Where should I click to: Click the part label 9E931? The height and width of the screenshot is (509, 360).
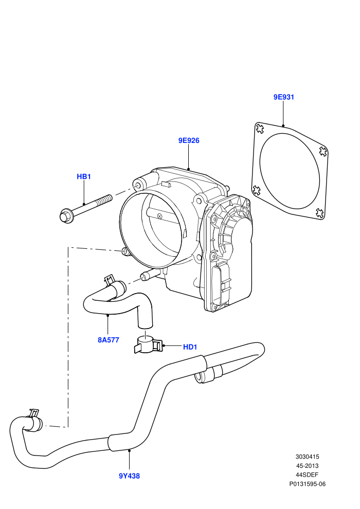coord(283,97)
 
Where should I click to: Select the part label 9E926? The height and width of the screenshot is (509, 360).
coord(189,140)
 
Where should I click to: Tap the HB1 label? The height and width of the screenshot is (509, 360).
coord(84,176)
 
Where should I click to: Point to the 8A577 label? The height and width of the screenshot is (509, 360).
coord(109,340)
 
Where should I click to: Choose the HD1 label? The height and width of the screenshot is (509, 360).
coord(190,347)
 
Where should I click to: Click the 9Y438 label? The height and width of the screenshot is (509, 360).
coord(129,476)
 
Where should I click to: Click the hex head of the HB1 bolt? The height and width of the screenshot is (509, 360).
coord(66,216)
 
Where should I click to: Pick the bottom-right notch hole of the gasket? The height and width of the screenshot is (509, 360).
coord(320,213)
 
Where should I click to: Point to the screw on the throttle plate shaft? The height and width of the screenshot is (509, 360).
coord(159,216)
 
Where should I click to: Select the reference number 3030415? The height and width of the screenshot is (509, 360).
coord(307,457)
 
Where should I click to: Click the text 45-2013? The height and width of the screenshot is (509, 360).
coord(307,466)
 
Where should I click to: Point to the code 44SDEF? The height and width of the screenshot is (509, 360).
coord(307,475)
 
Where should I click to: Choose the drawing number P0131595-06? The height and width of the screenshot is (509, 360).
coord(308,484)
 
